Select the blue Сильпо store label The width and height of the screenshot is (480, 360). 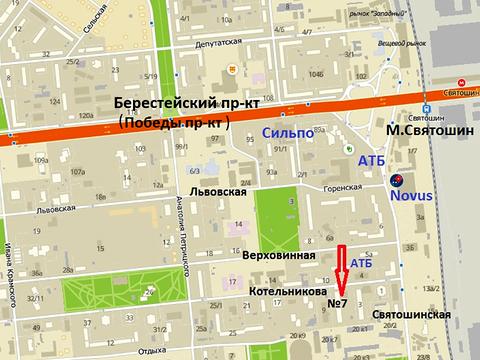click(x=289, y=133)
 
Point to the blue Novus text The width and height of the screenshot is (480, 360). click(x=412, y=196)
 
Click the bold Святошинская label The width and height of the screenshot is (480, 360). click(x=411, y=314)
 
